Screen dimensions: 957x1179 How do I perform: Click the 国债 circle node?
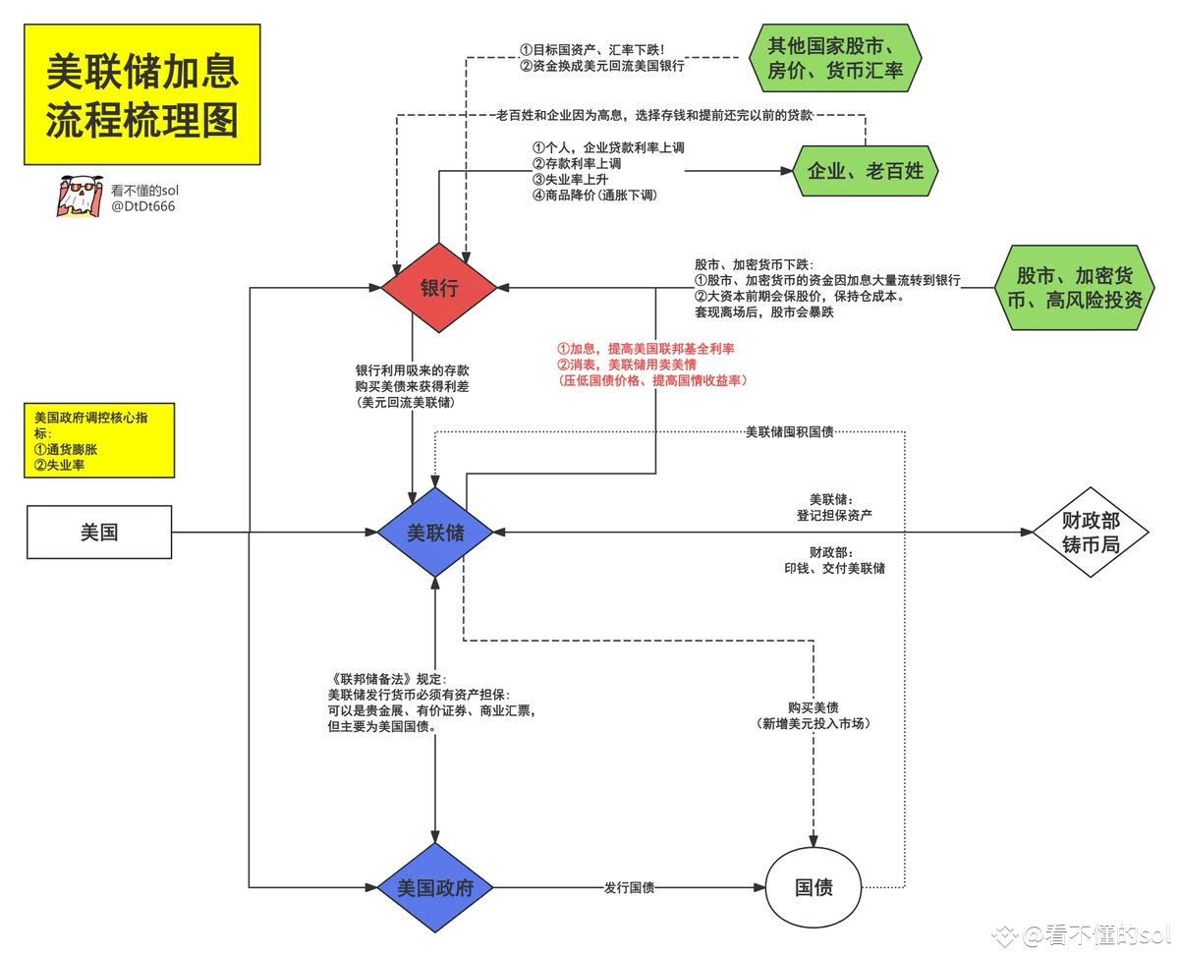pyautogui.click(x=814, y=888)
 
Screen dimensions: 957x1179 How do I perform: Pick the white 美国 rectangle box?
pyautogui.click(x=99, y=533)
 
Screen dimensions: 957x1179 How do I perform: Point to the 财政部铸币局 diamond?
pyautogui.click(x=1090, y=533)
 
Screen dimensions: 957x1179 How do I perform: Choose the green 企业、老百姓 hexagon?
pyautogui.click(x=866, y=171)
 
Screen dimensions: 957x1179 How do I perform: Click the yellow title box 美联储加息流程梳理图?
pyautogui.click(x=142, y=95)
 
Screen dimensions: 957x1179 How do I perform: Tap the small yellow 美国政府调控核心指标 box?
pyautogui.click(x=99, y=441)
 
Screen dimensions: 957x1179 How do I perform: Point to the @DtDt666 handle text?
pyautogui.click(x=142, y=206)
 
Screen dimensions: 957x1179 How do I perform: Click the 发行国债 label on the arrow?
pyautogui.click(x=629, y=888)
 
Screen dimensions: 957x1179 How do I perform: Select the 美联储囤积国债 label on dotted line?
pyautogui.click(x=790, y=432)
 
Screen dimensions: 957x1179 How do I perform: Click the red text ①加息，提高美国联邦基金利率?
pyautogui.click(x=646, y=349)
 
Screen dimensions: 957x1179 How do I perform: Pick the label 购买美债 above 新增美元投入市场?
pyautogui.click(x=814, y=707)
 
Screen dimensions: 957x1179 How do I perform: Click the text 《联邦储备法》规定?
pyautogui.click(x=387, y=679)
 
